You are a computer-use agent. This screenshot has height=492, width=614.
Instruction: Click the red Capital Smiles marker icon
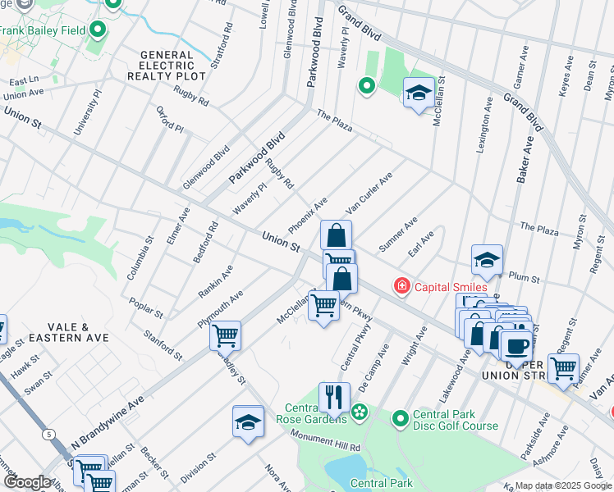(x=401, y=286)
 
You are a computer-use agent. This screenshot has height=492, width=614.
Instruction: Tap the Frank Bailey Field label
(x=43, y=32)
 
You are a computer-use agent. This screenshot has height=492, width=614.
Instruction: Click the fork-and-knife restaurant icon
(x=332, y=398)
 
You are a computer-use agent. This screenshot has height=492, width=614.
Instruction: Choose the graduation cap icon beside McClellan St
(x=418, y=93)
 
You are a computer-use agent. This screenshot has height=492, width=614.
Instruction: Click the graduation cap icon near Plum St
(x=487, y=260)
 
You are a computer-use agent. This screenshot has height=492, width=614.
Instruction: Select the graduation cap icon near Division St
(x=248, y=421)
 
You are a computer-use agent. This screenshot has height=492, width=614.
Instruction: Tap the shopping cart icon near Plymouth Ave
(x=225, y=335)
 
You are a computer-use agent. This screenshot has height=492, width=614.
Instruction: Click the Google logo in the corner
(x=26, y=482)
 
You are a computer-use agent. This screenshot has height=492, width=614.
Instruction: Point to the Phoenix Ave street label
(x=308, y=214)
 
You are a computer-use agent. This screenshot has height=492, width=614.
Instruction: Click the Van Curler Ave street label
(x=369, y=194)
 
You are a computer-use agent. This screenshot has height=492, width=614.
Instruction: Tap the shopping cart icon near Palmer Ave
(x=563, y=369)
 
